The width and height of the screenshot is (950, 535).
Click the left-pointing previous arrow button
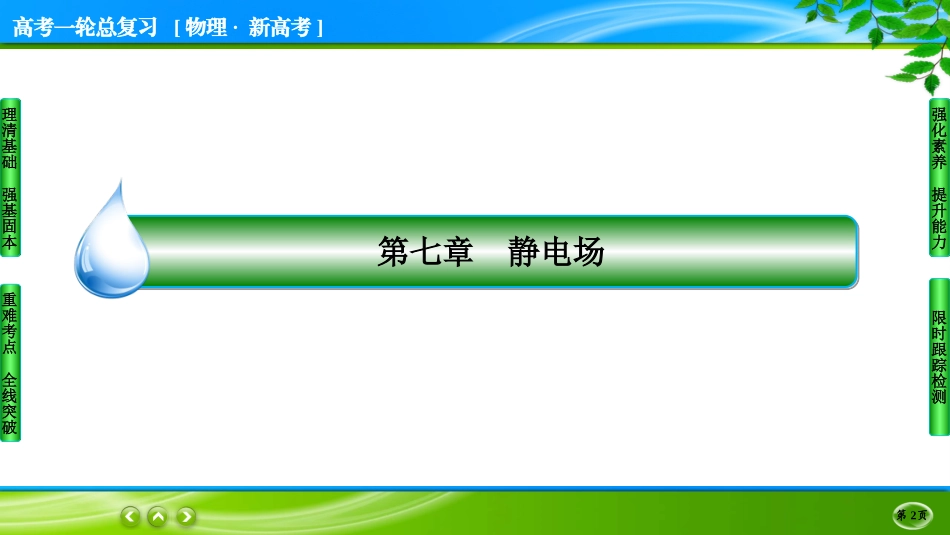click(x=130, y=516)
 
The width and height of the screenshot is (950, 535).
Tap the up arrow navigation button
click(x=158, y=516)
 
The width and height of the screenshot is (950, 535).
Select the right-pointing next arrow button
click(x=186, y=516)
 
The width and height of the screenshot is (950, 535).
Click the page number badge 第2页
click(x=912, y=515)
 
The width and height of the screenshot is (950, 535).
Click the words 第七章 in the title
click(x=425, y=251)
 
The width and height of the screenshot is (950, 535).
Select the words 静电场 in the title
click(x=556, y=251)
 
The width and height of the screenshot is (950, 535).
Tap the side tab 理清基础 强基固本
click(x=10, y=178)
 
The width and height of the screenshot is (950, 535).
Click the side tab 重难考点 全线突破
click(x=10, y=363)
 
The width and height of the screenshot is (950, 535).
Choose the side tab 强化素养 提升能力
click(x=939, y=178)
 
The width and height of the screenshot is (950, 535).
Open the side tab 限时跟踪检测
click(x=939, y=357)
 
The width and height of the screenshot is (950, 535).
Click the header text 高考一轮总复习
click(x=85, y=28)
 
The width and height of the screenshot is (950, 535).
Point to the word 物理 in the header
click(x=206, y=28)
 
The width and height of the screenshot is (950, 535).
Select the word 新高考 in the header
click(x=279, y=28)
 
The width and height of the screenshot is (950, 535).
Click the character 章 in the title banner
click(x=457, y=251)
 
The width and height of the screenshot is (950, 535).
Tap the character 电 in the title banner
click(x=556, y=251)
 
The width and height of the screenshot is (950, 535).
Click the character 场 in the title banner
click(x=588, y=251)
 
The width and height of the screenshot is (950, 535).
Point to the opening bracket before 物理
click(x=178, y=28)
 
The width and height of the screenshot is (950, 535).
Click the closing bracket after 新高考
click(x=320, y=28)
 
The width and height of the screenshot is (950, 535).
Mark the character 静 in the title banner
click(x=523, y=251)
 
